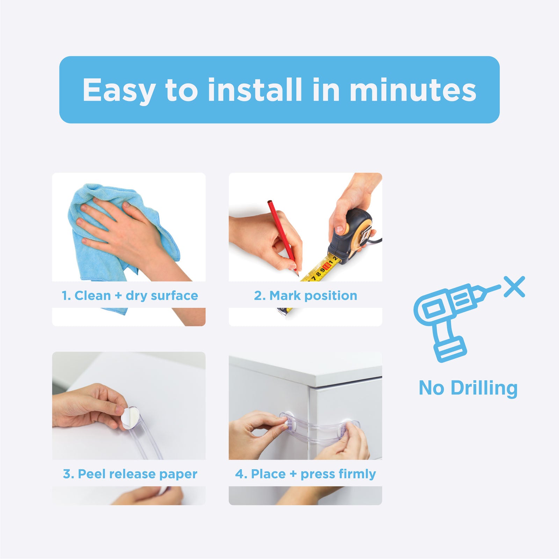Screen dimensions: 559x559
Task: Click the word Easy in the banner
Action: [x=119, y=90]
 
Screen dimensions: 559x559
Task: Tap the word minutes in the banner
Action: [x=413, y=90]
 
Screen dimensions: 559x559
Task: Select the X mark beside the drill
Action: [x=514, y=286]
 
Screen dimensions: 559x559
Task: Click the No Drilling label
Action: [x=468, y=388]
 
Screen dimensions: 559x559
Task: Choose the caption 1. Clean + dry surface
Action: [x=130, y=296]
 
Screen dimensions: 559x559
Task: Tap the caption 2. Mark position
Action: [x=305, y=296]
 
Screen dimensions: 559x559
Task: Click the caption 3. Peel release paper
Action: [x=130, y=474]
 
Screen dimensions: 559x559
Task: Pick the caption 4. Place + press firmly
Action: [x=305, y=474]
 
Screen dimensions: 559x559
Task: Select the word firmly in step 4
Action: [x=357, y=474]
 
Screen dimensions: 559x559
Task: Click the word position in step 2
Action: [x=331, y=296]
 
